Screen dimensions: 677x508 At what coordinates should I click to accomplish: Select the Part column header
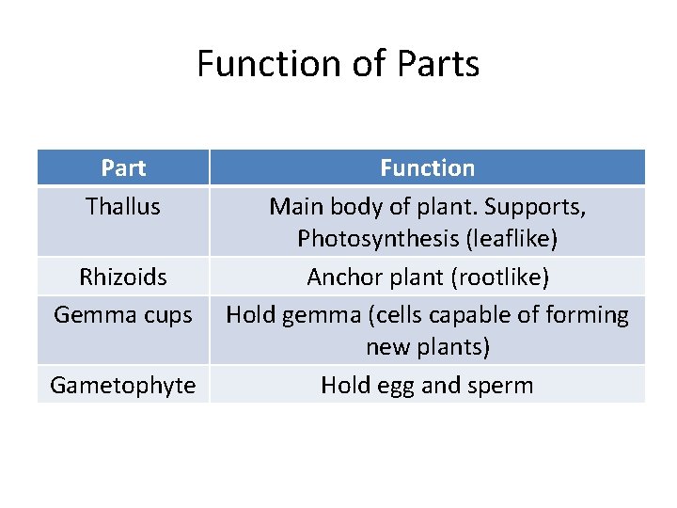click(x=123, y=168)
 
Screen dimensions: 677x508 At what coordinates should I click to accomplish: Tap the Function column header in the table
click(x=427, y=168)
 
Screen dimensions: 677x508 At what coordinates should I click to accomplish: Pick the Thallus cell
click(x=123, y=206)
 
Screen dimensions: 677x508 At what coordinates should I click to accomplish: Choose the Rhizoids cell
click(x=123, y=278)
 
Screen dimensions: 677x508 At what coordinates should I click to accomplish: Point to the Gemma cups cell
click(x=123, y=314)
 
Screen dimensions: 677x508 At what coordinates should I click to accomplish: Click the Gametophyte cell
click(x=123, y=385)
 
